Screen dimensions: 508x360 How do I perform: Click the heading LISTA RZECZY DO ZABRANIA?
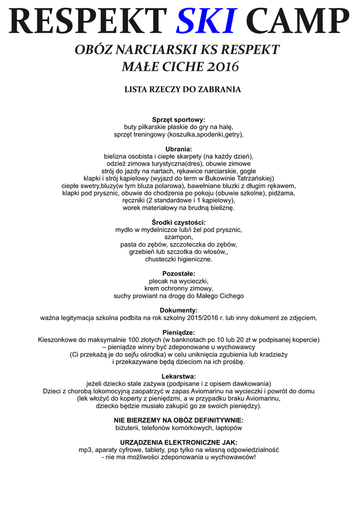tap(182, 90)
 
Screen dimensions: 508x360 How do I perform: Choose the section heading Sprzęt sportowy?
tap(178, 120)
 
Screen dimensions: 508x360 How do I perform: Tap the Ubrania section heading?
tap(178, 149)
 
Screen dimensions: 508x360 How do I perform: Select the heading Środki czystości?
tap(178, 222)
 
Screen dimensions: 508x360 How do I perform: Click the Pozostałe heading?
tap(178, 274)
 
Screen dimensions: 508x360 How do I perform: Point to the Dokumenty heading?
tap(178, 311)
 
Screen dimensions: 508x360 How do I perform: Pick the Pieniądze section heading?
tap(178, 332)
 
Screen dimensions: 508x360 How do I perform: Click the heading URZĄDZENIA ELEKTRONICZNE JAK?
tap(178, 443)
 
